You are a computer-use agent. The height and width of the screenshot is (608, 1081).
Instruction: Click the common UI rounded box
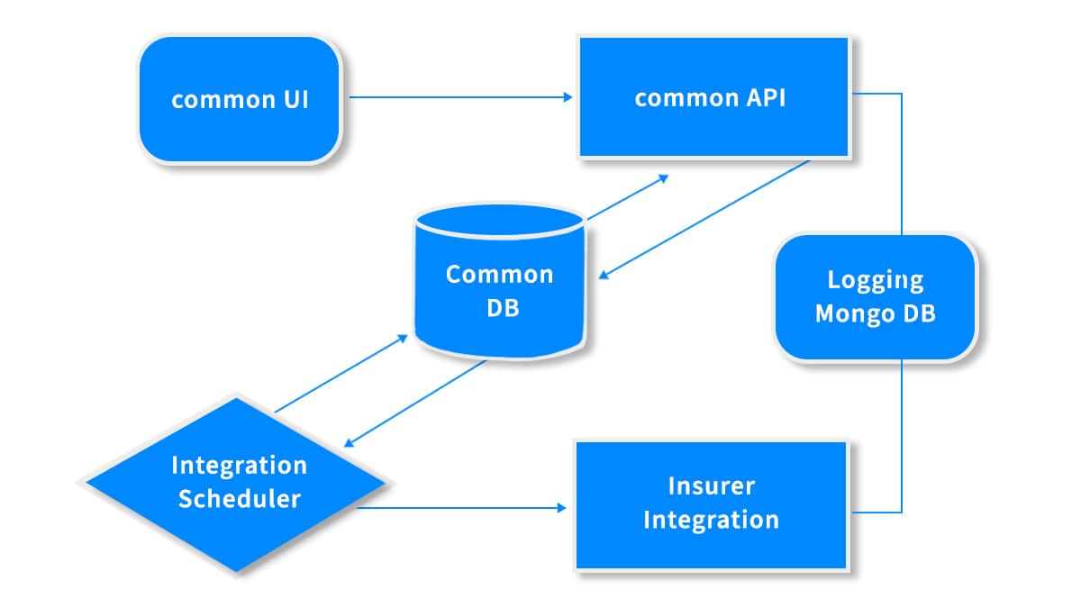240,99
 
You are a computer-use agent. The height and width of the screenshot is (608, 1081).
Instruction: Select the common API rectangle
713,97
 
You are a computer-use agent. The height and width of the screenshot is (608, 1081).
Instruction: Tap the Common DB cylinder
500,281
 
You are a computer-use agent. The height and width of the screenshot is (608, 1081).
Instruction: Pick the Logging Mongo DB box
876,296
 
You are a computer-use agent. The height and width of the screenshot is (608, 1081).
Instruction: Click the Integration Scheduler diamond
236,484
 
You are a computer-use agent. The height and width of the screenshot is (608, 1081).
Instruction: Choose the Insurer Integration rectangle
712,504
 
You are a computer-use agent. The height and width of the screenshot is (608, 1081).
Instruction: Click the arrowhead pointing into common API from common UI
568,97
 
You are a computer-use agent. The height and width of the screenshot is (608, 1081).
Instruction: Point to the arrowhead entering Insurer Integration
562,508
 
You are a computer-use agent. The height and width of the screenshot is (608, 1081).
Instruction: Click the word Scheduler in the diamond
240,498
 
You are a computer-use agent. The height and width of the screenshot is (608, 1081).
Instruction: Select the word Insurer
712,485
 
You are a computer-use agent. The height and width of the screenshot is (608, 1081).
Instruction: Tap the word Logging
876,281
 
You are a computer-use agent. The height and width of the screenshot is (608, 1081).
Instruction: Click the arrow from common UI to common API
461,97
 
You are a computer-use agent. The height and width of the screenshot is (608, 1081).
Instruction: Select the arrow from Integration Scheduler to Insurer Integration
461,508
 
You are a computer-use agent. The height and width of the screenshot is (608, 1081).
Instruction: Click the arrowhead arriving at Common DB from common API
604,275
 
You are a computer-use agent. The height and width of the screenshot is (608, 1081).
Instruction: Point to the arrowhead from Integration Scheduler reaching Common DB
403,339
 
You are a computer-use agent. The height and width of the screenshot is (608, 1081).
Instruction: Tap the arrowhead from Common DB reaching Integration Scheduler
349,442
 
